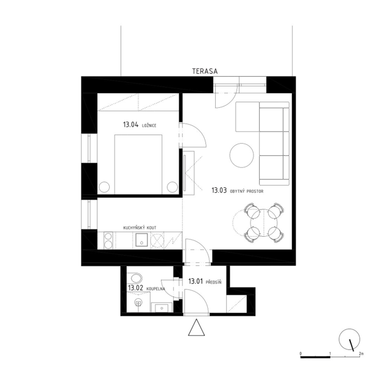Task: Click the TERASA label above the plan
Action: point(205,71)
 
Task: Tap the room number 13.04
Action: point(130,125)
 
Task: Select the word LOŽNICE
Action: point(149,125)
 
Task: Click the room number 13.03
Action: point(219,190)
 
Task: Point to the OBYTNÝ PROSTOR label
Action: point(247,192)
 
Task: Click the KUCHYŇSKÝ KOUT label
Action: point(140,228)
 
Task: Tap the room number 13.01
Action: point(196,281)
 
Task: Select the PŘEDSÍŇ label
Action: point(214,282)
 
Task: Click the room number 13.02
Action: point(135,288)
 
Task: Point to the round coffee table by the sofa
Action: point(241,155)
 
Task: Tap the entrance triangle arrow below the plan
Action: point(196,327)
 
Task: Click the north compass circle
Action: point(349,339)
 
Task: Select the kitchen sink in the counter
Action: point(141,240)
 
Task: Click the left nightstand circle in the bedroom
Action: point(104,187)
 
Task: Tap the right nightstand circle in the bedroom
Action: point(172,187)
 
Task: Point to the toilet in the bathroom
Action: point(138,302)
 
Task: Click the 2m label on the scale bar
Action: point(361,353)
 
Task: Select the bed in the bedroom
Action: point(138,164)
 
